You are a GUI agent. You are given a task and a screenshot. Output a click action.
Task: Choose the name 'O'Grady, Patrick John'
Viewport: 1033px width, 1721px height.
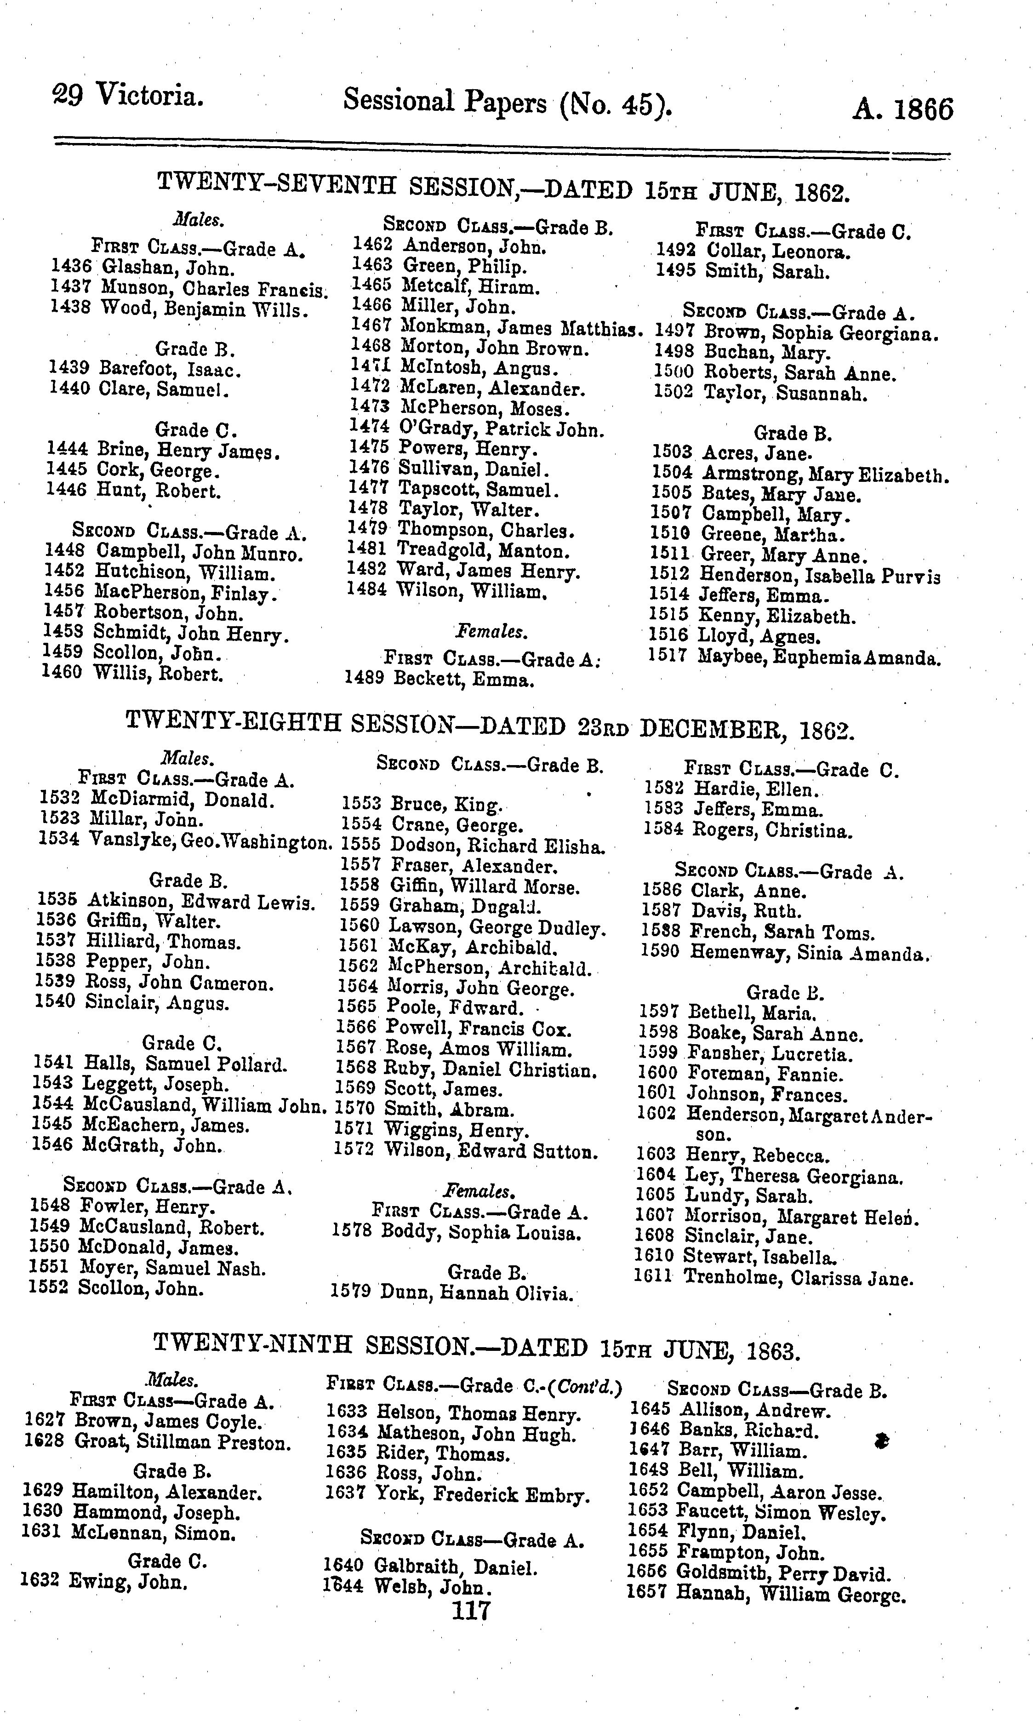pos(501,429)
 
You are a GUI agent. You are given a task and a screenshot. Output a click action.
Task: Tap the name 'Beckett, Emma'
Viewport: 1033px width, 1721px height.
pos(463,678)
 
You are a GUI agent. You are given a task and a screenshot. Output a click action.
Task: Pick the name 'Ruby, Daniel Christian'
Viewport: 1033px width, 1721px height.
pos(490,1069)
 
